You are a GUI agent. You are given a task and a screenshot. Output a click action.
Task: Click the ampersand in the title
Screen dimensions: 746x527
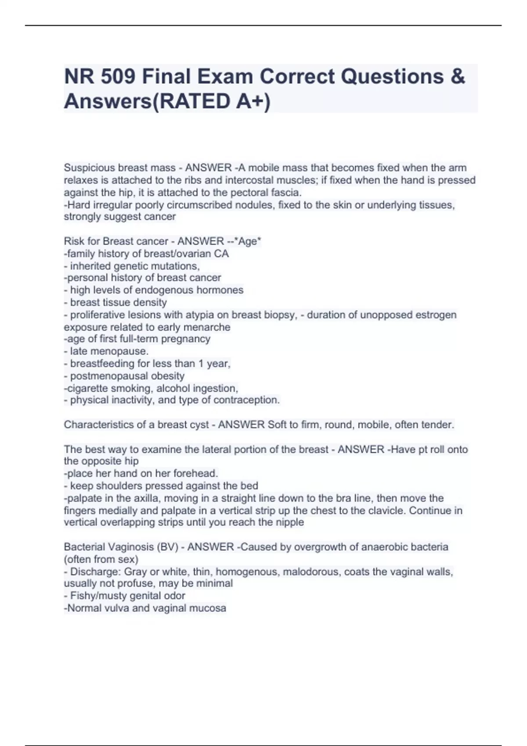(x=457, y=76)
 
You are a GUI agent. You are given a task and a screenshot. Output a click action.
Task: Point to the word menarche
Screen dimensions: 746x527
(x=210, y=327)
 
